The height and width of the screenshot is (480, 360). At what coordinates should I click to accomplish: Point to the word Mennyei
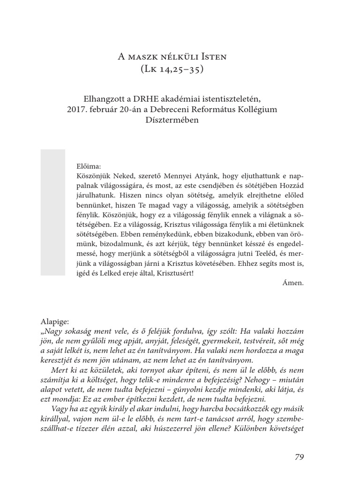pyautogui.click(x=177, y=174)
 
